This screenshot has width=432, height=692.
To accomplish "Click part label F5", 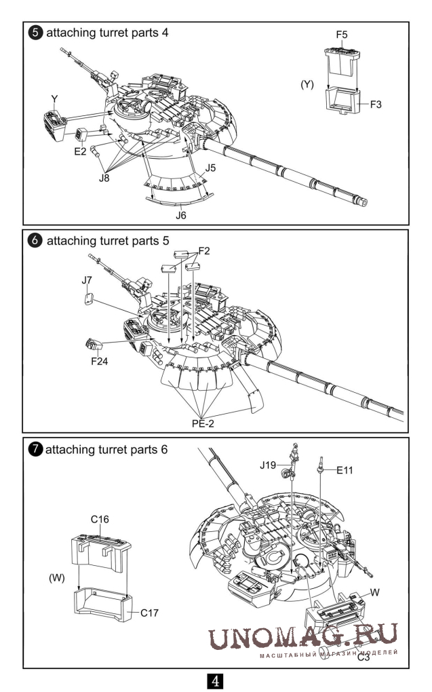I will [341, 34].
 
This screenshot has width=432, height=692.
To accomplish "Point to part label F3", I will [377, 104].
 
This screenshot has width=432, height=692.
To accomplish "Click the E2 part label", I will [80, 151].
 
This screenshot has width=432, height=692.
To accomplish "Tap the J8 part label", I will [104, 178].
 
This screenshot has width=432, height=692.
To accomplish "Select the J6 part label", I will [181, 215].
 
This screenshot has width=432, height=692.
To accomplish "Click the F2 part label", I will [203, 251].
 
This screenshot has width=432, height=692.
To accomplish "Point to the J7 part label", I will [87, 279].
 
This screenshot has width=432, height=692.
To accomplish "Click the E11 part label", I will [345, 469].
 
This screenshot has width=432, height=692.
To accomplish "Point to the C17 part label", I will [150, 613].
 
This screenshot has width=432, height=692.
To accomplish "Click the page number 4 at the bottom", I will [215, 680].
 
